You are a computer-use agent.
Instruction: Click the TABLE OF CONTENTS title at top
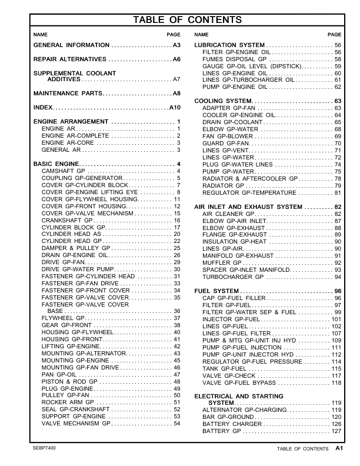point(188,21)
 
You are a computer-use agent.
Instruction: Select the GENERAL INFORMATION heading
point(71,45)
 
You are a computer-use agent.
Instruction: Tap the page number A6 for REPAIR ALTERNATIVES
point(176,60)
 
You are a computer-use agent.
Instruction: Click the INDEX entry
point(43,108)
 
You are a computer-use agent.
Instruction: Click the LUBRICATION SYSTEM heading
point(229,45)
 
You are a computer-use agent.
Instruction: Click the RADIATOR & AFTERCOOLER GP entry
point(250,178)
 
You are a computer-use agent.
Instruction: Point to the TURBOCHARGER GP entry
point(234,277)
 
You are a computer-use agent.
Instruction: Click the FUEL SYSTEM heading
point(216,291)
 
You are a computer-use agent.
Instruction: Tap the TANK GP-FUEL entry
point(226,368)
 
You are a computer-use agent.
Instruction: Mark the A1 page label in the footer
point(339,448)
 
